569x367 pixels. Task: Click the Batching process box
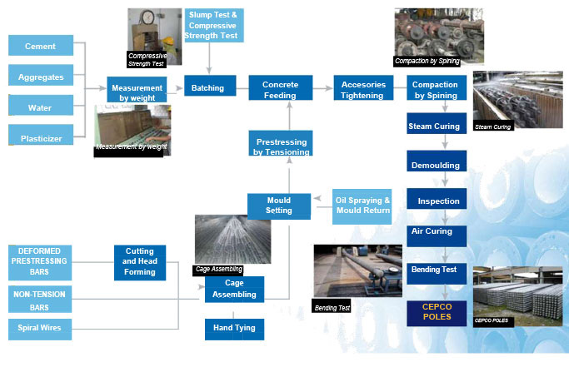click(207, 88)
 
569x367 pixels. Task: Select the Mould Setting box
click(279, 205)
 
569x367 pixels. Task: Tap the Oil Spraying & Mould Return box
click(362, 206)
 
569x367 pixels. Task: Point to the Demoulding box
click(435, 165)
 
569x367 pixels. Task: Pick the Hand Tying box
click(235, 330)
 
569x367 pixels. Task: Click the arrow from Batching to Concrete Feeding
click(237, 88)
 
